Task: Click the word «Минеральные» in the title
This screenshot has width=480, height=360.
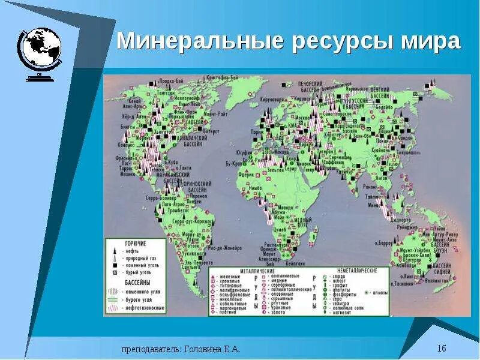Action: [x=194, y=41]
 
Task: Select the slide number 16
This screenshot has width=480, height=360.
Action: [x=442, y=349]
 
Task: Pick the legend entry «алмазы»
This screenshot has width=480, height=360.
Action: [x=379, y=292]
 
